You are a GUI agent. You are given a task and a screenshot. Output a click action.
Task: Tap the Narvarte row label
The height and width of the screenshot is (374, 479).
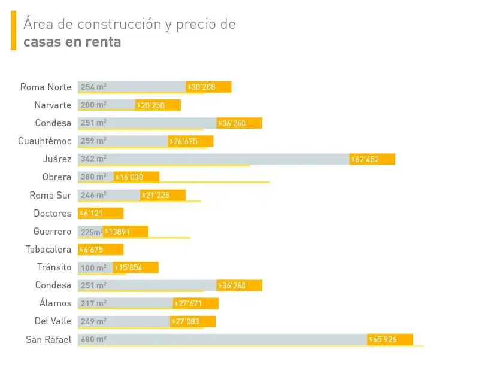(53, 105)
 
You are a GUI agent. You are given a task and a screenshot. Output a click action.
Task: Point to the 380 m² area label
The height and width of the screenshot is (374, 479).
(93, 177)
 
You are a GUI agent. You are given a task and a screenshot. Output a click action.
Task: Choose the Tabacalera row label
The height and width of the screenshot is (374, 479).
(48, 250)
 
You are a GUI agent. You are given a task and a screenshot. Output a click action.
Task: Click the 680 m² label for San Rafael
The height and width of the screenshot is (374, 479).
(93, 340)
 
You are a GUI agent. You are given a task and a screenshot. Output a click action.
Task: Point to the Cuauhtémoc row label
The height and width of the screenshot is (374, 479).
(45, 141)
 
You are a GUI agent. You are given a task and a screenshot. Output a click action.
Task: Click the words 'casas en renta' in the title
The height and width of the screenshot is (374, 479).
(72, 42)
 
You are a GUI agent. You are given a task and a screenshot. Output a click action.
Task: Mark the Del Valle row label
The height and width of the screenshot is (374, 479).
(53, 321)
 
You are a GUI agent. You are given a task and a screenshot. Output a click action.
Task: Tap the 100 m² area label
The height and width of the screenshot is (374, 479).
(93, 267)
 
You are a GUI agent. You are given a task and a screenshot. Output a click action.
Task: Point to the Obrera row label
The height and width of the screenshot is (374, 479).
(57, 177)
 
